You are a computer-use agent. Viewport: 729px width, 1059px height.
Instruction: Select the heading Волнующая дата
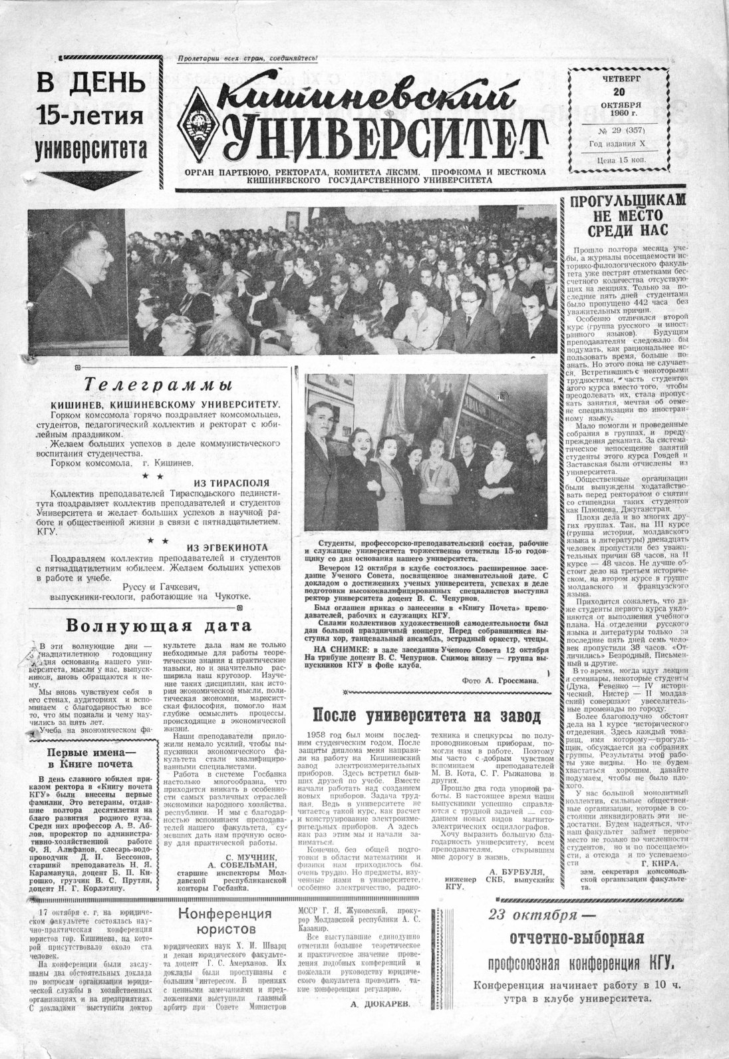(x=160, y=626)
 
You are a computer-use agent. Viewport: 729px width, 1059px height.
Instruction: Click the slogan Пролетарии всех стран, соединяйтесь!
(x=247, y=59)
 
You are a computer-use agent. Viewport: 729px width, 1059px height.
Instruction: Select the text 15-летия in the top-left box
(x=90, y=115)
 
